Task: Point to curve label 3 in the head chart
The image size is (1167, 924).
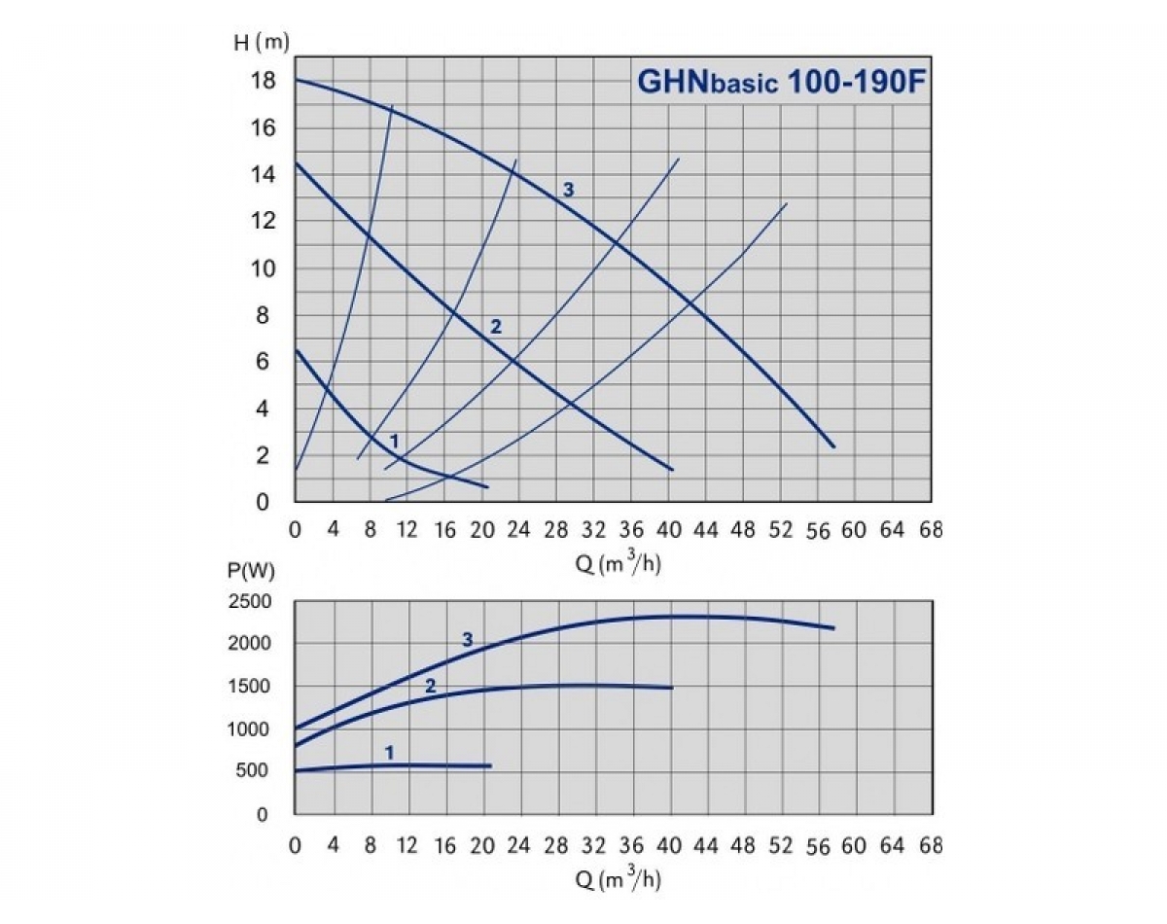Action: pyautogui.click(x=569, y=190)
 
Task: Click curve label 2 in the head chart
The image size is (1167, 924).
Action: pyautogui.click(x=495, y=327)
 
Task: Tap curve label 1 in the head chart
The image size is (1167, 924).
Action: pyautogui.click(x=394, y=442)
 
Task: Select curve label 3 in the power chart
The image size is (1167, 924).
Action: pyautogui.click(x=468, y=640)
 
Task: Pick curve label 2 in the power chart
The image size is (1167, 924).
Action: pyautogui.click(x=430, y=686)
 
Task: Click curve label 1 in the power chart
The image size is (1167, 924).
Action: pyautogui.click(x=389, y=752)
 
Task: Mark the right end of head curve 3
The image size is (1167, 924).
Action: pyautogui.click(x=833, y=446)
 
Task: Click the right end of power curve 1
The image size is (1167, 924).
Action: pyautogui.click(x=490, y=766)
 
